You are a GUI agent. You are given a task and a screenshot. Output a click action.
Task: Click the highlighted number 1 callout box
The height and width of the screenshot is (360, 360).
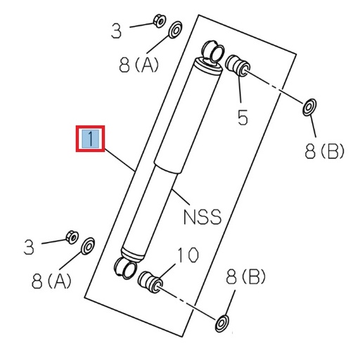(90, 138)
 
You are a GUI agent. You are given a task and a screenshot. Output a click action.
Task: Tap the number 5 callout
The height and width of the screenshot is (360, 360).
(243, 117)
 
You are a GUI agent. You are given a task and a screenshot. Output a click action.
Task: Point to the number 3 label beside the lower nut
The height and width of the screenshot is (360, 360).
(29, 247)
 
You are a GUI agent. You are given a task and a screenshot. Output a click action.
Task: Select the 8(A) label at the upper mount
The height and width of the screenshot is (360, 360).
(139, 65)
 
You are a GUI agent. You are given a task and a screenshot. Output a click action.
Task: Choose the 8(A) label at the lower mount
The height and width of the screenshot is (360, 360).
(51, 282)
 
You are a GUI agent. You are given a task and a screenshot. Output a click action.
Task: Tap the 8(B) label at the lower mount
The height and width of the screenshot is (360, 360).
(245, 278)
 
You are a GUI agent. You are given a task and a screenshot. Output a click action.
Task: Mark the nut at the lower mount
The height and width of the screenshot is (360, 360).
(70, 236)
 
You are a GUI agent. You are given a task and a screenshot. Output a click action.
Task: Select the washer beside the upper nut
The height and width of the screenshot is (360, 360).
(174, 30)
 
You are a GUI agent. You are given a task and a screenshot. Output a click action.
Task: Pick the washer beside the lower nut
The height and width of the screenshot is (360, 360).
(89, 247)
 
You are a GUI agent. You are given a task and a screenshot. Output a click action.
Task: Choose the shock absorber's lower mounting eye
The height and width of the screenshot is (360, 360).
(122, 266)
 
